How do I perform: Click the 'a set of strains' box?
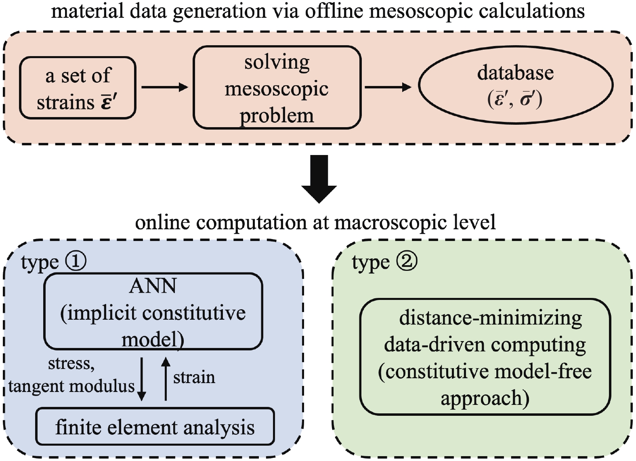tap(78, 88)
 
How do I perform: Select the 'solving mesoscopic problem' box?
tap(277, 88)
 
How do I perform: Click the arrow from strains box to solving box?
tap(165, 87)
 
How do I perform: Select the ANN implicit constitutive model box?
tap(153, 311)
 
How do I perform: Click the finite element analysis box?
tap(155, 427)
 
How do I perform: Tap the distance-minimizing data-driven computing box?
tap(485, 357)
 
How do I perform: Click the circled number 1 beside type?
tap(76, 261)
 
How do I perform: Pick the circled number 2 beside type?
tap(407, 261)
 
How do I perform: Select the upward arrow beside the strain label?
tap(166, 379)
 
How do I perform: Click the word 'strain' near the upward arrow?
tap(194, 377)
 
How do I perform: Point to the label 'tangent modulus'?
tap(71, 387)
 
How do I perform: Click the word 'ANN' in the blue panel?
tap(153, 286)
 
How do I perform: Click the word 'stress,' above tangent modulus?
tap(71, 363)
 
